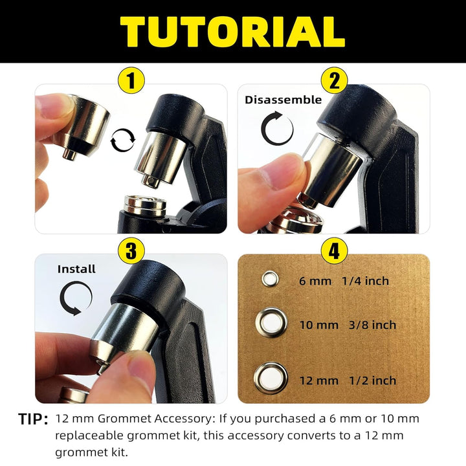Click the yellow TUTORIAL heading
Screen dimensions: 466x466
[x=232, y=32]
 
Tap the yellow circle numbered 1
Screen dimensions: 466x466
[x=131, y=80]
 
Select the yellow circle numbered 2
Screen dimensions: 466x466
[x=335, y=80]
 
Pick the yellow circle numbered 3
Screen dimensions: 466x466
[x=131, y=250]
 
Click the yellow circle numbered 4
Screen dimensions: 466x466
[x=335, y=250]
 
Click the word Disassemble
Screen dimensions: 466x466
[x=283, y=100]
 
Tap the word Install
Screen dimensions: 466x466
[x=76, y=269]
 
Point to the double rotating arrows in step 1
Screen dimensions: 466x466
[x=122, y=140]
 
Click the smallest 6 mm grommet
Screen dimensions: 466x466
[x=270, y=279]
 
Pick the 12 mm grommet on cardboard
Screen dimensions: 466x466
[x=271, y=378]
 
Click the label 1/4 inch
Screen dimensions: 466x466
[x=365, y=281]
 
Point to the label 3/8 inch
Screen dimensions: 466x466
[x=372, y=325]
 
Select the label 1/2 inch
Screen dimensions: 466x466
[x=373, y=381]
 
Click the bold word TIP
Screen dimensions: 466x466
[x=33, y=419]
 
